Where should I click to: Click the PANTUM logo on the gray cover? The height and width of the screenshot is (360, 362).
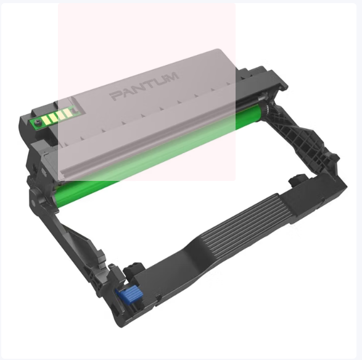click(x=145, y=86)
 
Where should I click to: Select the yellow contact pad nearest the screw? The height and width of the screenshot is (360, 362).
click(x=45, y=120)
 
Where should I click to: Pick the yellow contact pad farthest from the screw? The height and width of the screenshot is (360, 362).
click(x=68, y=113)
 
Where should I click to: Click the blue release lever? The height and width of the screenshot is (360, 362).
click(x=129, y=294)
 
